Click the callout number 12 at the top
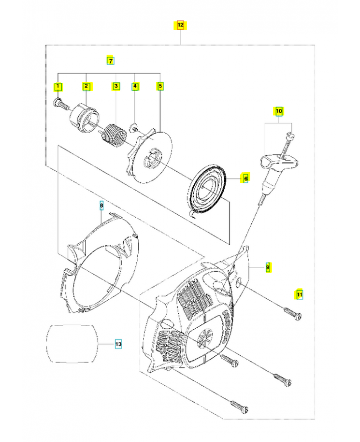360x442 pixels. (x=181, y=25)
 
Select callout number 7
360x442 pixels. (x=110, y=60)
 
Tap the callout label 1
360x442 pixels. (x=58, y=86)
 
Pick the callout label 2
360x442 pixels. (x=86, y=86)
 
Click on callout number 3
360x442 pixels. (x=116, y=86)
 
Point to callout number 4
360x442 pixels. (x=135, y=86)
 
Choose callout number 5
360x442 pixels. (x=160, y=86)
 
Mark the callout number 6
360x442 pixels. (x=246, y=178)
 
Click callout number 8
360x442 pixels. (x=101, y=206)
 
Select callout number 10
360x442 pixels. (x=279, y=111)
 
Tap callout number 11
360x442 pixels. (x=299, y=294)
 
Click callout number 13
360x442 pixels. (x=118, y=344)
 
